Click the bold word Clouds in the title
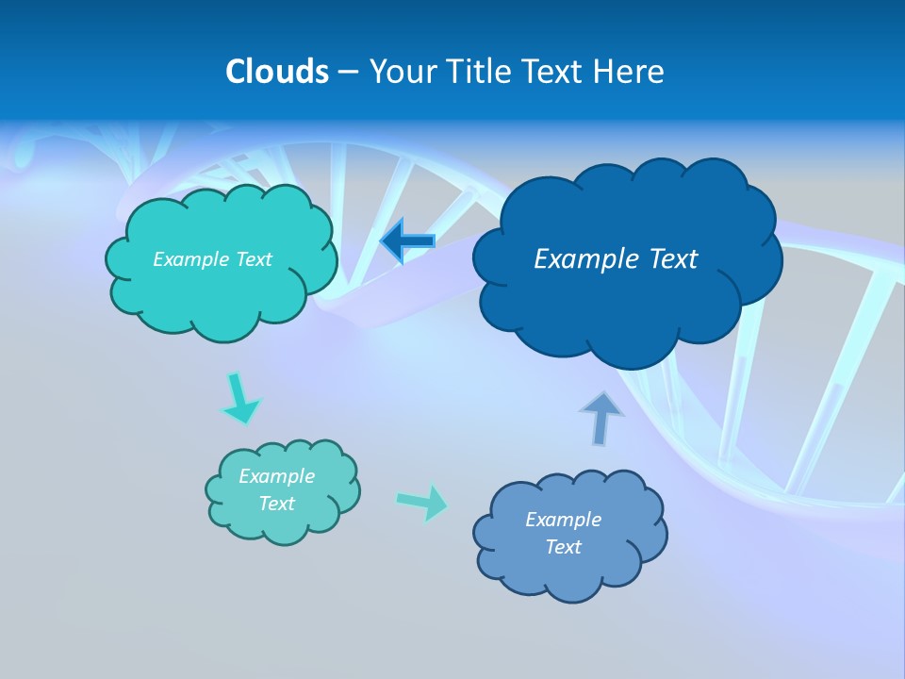coord(277,72)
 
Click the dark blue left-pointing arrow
coord(407,241)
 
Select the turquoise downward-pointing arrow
coord(239,398)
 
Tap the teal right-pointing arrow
coord(422,502)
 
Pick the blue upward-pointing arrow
coord(601,418)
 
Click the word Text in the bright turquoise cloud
coord(254,259)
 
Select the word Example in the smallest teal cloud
coord(277,476)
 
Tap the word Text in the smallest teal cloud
coord(277,504)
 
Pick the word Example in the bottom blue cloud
coord(563,520)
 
